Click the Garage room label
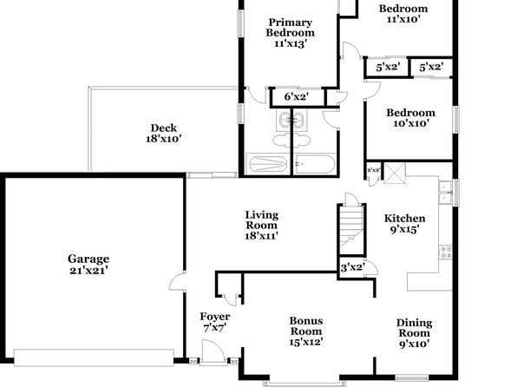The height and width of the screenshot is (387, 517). [88, 265]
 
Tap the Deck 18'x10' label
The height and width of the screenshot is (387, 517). [164, 134]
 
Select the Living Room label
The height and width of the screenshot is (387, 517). [261, 226]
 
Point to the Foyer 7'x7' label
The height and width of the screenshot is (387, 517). [214, 322]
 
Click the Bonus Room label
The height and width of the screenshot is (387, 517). [306, 331]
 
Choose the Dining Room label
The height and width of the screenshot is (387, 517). [414, 333]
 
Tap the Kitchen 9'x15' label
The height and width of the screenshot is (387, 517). [404, 224]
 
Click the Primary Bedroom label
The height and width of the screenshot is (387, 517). [290, 33]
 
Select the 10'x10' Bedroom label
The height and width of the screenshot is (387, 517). [411, 118]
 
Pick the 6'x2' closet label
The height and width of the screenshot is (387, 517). [297, 97]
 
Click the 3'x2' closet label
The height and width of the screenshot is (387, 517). [352, 267]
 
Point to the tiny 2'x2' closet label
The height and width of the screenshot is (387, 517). [374, 170]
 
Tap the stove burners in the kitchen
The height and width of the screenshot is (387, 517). [446, 252]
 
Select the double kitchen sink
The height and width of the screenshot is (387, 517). [446, 193]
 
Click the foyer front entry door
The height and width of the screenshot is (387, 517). [213, 352]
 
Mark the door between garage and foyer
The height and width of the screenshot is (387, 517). [178, 281]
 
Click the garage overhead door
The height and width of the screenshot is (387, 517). [94, 357]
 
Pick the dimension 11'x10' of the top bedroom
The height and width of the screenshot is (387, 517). [402, 19]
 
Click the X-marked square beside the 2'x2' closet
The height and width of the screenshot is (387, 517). [395, 173]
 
